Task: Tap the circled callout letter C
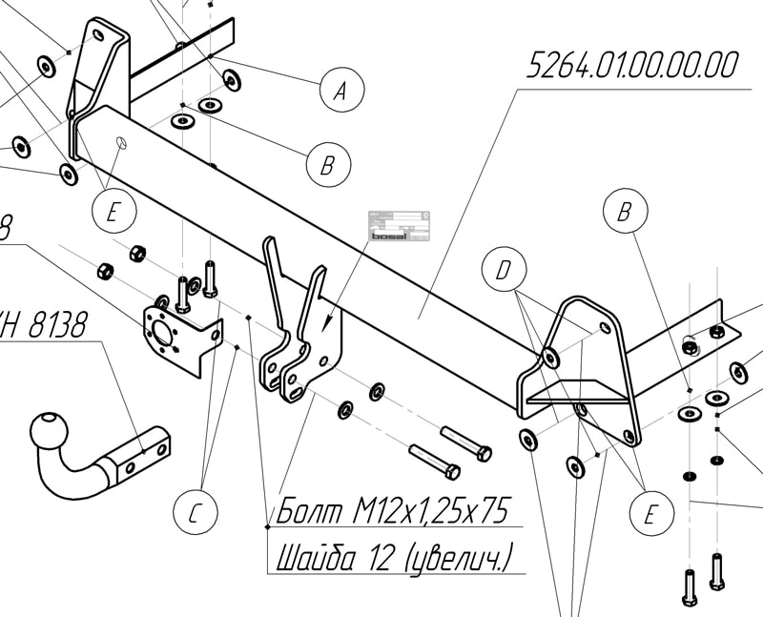194,512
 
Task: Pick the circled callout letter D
504,271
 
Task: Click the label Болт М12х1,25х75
390,512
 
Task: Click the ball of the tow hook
51,433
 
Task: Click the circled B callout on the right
626,212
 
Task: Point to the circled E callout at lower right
650,515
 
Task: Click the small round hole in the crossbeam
121,143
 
